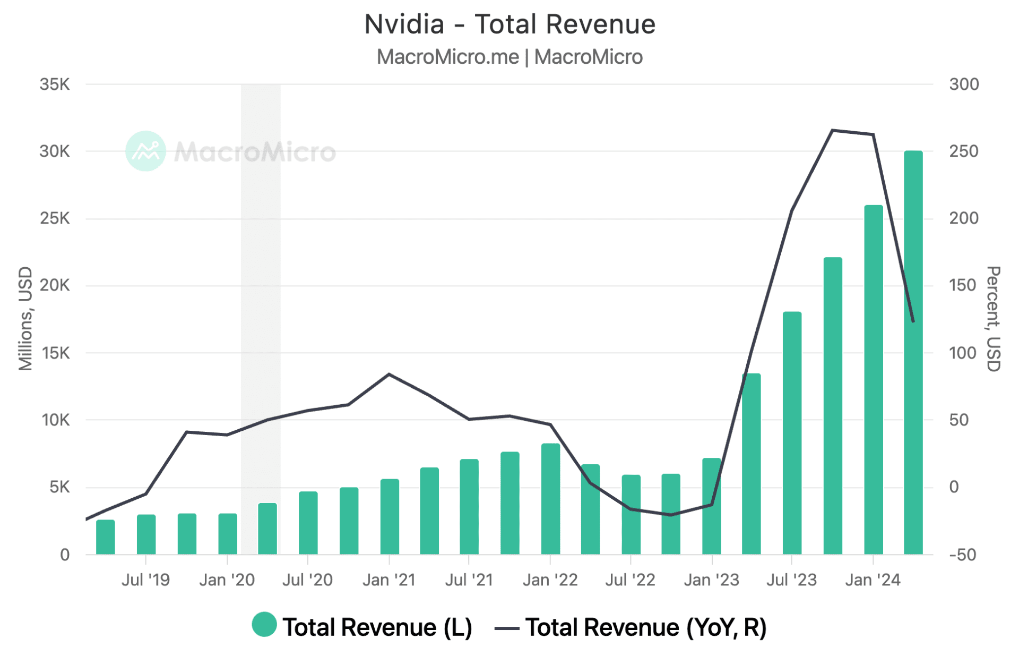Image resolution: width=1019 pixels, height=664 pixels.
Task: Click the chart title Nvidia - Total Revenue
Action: click(x=509, y=24)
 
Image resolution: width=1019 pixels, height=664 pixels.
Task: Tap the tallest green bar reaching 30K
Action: click(x=913, y=351)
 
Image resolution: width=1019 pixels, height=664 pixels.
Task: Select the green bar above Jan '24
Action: click(x=873, y=380)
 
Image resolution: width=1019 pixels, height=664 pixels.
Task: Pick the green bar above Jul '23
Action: click(x=792, y=433)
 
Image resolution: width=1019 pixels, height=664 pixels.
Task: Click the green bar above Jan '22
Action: click(x=550, y=499)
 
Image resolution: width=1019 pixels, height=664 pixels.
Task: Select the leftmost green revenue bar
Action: click(x=106, y=537)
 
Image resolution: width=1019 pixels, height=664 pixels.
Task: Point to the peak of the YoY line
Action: click(x=832, y=130)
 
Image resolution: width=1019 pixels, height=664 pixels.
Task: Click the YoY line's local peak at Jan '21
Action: click(x=389, y=374)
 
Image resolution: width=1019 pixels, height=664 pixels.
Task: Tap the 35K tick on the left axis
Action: click(x=54, y=84)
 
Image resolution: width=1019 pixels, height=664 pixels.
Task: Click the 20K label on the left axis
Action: click(x=54, y=285)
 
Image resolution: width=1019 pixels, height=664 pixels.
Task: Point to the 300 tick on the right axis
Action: click(x=964, y=84)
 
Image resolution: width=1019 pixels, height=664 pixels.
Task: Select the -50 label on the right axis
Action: click(x=962, y=555)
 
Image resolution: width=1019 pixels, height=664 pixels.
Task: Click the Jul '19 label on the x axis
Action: click(x=145, y=580)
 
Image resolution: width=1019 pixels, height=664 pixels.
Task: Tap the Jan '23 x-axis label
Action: click(x=711, y=580)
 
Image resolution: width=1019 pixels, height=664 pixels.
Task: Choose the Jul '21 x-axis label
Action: click(x=469, y=580)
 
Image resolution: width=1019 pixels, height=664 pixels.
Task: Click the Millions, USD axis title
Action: click(x=25, y=319)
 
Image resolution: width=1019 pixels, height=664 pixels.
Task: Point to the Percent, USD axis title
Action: click(x=993, y=319)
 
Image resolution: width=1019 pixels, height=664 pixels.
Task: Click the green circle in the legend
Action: click(x=264, y=625)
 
